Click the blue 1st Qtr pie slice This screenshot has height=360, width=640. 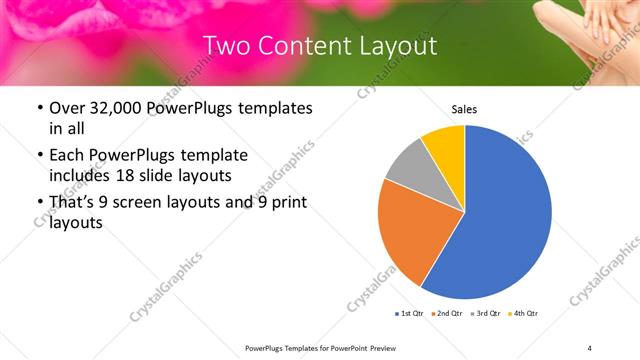pyautogui.click(x=500, y=215)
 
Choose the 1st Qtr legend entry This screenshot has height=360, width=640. pyautogui.click(x=409, y=314)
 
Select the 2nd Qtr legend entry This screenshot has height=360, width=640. pyautogui.click(x=446, y=314)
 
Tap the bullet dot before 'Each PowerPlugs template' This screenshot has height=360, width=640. pyautogui.click(x=39, y=156)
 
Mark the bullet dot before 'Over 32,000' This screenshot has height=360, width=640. pyautogui.click(x=39, y=108)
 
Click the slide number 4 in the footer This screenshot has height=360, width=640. pyautogui.click(x=589, y=346)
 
